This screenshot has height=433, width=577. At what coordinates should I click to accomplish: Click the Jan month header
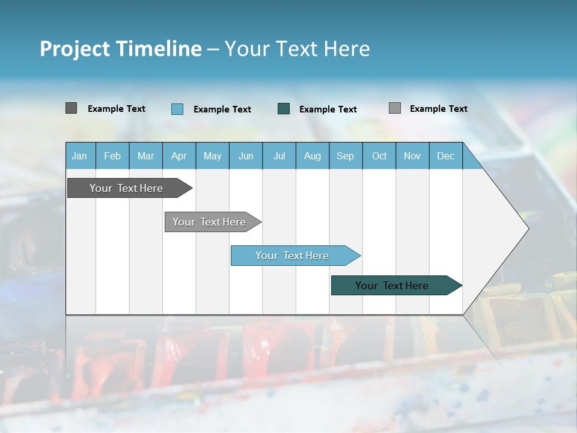coord(79,156)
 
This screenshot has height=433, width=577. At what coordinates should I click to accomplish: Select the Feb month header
coord(112,156)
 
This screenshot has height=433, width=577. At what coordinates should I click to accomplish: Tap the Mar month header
coord(145,156)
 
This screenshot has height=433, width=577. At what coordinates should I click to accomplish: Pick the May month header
coord(212,156)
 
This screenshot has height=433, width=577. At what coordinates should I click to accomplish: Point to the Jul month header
coord(279,156)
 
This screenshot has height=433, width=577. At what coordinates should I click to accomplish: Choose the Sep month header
coord(345,156)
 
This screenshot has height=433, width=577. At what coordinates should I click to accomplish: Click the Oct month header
coord(379,156)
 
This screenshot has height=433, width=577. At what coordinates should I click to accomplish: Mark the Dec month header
coord(445,156)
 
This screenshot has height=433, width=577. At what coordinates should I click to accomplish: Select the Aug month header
coord(312,156)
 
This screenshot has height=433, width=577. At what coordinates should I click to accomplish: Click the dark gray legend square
coord(71,108)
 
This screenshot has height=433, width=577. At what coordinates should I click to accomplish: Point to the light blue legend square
coord(177,109)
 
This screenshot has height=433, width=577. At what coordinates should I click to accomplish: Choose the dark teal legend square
coord(284,109)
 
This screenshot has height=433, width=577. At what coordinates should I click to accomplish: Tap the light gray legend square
coord(395,108)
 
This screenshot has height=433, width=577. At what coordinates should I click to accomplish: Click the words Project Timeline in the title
coord(121,49)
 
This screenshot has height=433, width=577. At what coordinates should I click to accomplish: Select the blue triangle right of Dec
coord(471,161)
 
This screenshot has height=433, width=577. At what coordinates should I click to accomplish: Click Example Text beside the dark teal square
coord(328,109)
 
